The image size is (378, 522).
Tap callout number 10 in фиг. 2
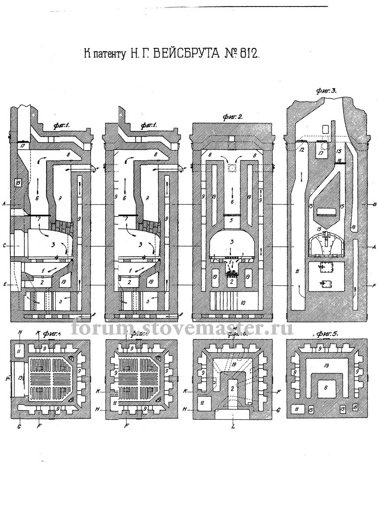[243, 301]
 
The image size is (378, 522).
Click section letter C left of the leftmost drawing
[4, 246]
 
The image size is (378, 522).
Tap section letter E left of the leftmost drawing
[4, 284]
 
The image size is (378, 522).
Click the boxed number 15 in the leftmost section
[18, 183]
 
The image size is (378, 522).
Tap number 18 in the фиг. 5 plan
[355, 408]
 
